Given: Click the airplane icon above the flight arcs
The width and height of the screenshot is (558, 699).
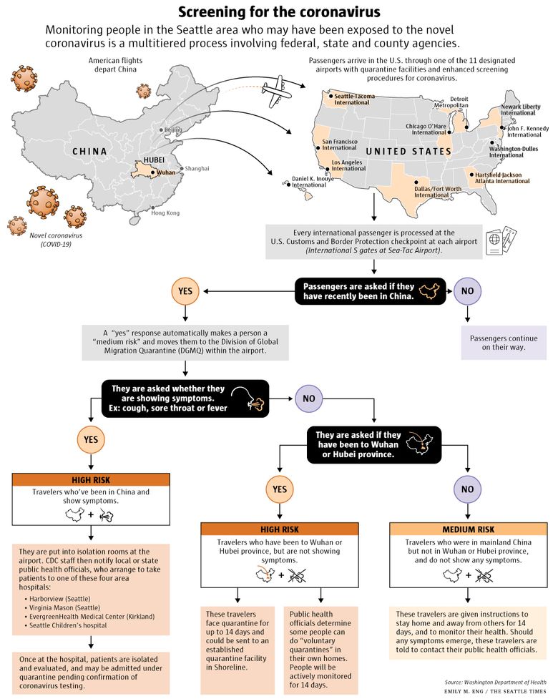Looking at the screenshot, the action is [276, 92].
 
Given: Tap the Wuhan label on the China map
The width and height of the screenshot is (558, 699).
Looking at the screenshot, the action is [166, 172].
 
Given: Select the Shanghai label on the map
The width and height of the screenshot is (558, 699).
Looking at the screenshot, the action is [197, 169].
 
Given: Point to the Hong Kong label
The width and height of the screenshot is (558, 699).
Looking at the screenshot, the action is [165, 213].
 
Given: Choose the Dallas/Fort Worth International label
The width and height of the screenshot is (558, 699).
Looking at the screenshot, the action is [438, 192].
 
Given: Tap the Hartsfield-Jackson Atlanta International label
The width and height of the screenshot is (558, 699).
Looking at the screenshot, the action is [502, 178].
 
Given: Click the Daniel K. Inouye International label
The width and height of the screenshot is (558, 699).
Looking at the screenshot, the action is [313, 182].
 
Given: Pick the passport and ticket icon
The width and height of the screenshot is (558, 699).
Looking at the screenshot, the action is [501, 240].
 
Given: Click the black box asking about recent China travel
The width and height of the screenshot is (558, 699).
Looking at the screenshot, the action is [371, 291].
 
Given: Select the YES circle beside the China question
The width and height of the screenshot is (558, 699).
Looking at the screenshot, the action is [185, 291].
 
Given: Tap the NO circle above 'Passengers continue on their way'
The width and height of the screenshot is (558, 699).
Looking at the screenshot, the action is [468, 291].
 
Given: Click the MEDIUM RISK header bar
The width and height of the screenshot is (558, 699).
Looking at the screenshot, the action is [468, 529].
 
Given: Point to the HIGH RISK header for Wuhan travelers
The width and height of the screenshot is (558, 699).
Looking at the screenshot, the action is [280, 529].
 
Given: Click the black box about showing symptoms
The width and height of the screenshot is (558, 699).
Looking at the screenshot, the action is [185, 399].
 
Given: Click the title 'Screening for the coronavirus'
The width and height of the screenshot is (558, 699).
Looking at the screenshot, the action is [280, 11].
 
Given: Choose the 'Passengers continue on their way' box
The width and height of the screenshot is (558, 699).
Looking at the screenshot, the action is [504, 343].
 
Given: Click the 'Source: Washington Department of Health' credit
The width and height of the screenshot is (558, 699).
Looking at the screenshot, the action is [495, 682].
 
